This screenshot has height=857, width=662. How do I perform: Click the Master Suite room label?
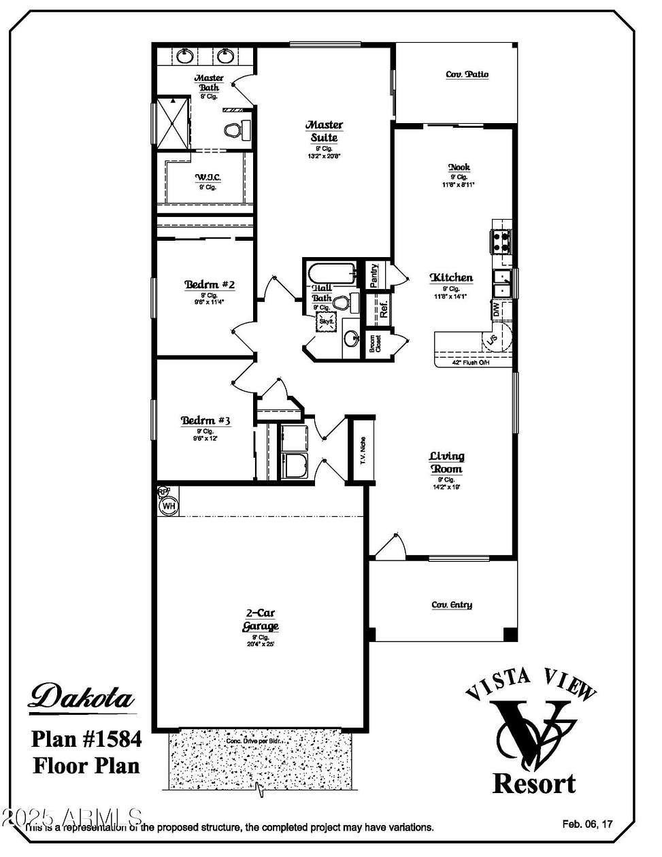[x=324, y=131]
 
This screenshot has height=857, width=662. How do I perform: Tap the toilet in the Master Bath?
[x=235, y=129]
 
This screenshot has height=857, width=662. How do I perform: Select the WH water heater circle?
[x=168, y=505]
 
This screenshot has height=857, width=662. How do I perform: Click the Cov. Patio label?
[x=467, y=75]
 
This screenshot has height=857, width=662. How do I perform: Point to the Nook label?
[x=459, y=167]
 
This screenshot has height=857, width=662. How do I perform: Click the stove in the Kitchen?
[x=501, y=241]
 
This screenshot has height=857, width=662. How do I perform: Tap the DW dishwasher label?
[x=497, y=309]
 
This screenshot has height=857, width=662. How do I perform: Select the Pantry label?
[x=375, y=275]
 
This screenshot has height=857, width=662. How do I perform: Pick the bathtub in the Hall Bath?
[x=331, y=274]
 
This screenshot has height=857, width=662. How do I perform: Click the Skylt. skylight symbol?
[x=326, y=322]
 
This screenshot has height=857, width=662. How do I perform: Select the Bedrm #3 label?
[x=205, y=421]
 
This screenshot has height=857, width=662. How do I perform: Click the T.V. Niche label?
[x=363, y=450]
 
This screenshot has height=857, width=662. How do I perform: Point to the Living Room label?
[x=446, y=463]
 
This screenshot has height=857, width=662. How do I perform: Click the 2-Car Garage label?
[x=261, y=620]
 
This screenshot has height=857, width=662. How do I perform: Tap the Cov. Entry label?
[x=452, y=605]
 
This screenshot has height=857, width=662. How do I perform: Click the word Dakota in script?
[x=82, y=697]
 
